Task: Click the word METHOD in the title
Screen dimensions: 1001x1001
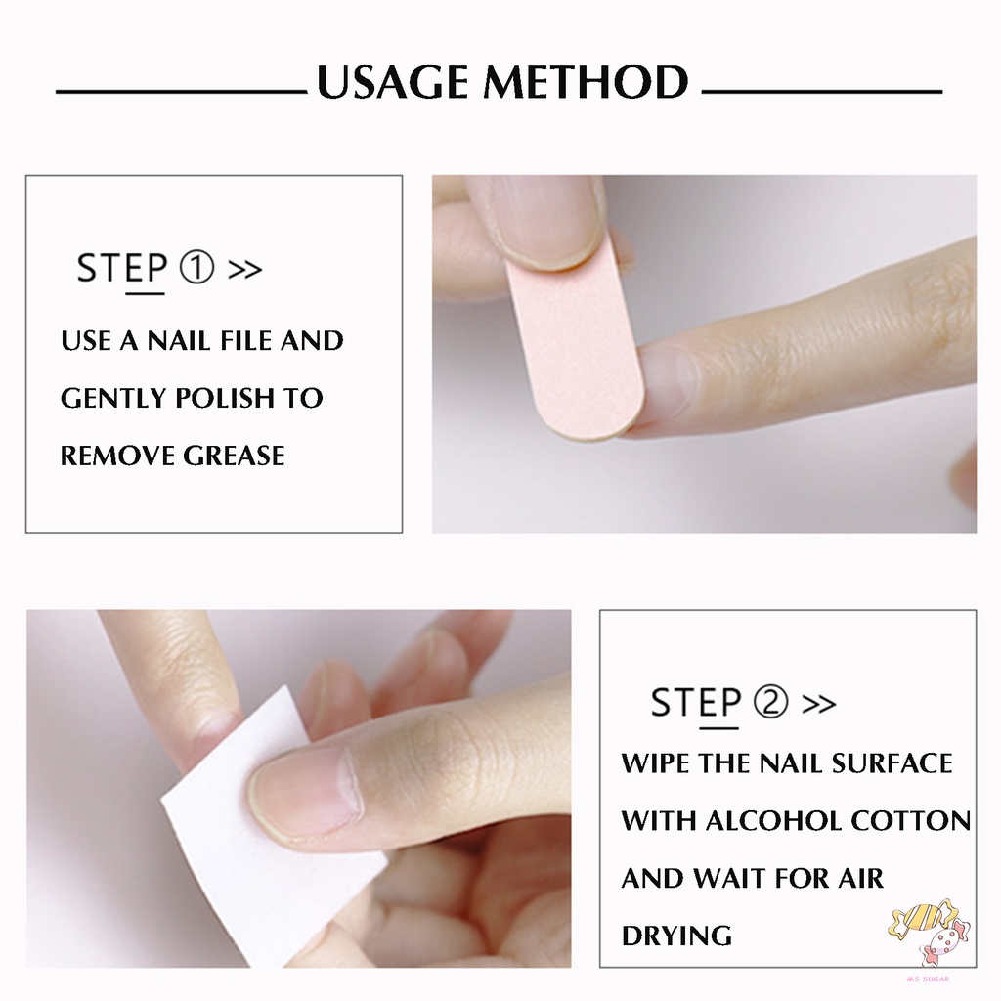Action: click(x=585, y=83)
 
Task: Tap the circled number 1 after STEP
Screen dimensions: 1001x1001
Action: click(x=197, y=268)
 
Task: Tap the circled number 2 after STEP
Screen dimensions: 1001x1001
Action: click(x=771, y=702)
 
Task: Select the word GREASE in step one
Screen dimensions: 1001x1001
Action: click(x=234, y=456)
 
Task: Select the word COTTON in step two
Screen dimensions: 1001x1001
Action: click(x=911, y=820)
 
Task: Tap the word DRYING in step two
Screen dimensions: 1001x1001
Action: click(x=676, y=936)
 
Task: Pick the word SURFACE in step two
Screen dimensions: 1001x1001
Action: click(x=891, y=762)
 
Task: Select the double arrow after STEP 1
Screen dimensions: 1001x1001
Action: click(x=244, y=269)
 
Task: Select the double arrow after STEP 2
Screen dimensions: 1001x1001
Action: click(x=818, y=703)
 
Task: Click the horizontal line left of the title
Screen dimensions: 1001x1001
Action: click(x=181, y=92)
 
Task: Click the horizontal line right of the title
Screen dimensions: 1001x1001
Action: click(x=821, y=92)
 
